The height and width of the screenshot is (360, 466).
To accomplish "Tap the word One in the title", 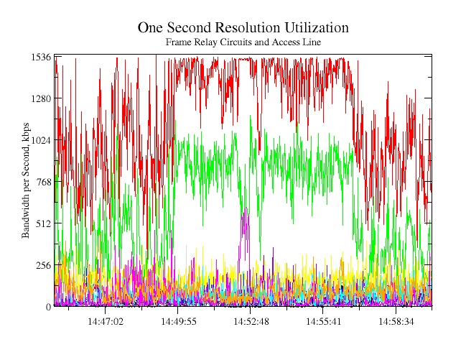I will tap(151, 28).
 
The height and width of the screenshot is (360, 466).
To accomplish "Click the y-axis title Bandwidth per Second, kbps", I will tap(26, 180).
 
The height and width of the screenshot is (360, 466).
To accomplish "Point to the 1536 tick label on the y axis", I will tap(41, 57).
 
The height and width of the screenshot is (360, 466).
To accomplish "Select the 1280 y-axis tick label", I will tap(41, 98).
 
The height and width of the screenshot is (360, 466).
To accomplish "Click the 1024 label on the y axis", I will tap(41, 140).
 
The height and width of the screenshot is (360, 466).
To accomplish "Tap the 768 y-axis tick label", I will tap(43, 182).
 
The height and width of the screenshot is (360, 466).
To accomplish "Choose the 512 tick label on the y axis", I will tap(43, 223).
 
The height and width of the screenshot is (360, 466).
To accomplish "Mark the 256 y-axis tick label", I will tap(43, 265).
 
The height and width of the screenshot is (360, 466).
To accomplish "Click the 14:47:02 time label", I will tap(106, 321).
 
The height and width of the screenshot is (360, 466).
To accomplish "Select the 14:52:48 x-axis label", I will tap(251, 321).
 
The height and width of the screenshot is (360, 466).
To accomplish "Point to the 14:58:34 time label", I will tap(396, 321).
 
